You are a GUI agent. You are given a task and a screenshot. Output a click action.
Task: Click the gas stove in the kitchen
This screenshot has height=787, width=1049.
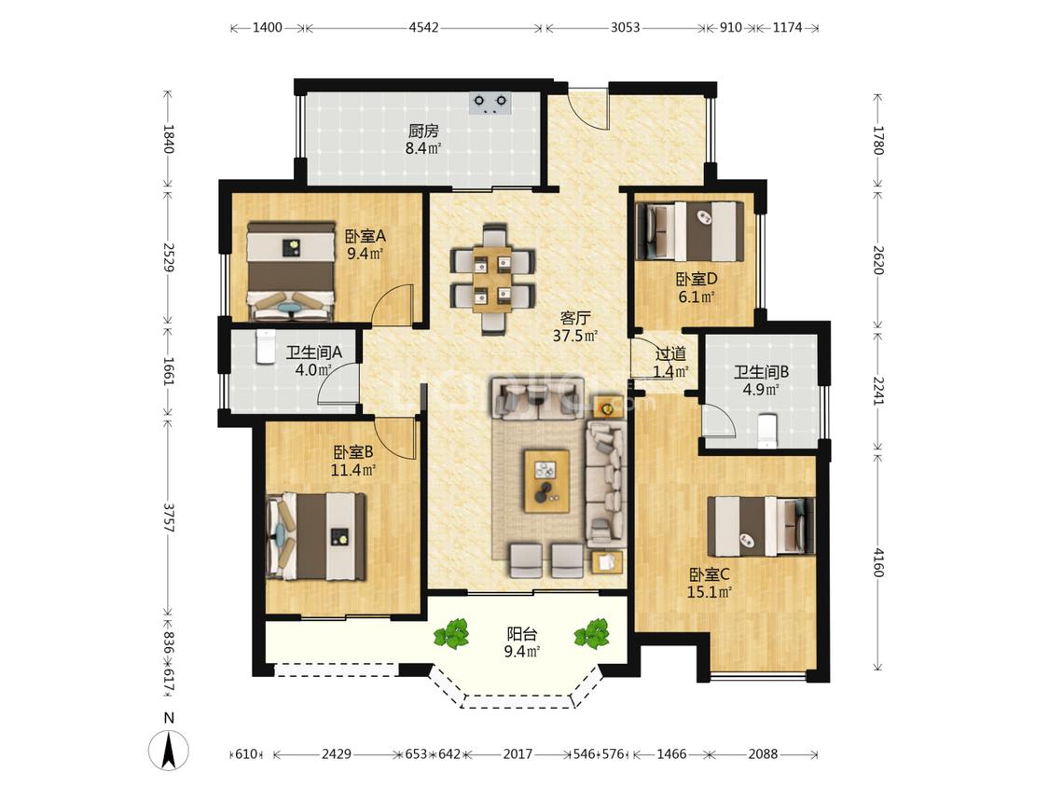click(490, 104)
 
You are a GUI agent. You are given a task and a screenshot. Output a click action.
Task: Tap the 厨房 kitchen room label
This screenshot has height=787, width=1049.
click(423, 131)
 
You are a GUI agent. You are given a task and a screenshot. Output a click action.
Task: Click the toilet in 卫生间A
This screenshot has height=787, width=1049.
click(265, 346)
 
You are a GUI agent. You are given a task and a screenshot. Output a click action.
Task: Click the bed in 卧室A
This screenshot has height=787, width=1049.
click(290, 271)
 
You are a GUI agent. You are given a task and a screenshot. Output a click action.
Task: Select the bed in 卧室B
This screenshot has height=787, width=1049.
click(316, 537)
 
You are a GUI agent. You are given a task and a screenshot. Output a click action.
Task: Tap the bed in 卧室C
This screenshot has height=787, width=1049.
click(761, 527)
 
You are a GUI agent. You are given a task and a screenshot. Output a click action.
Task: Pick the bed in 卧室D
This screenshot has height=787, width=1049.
click(690, 231)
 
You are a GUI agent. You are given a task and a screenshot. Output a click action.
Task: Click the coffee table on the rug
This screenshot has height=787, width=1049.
click(547, 481)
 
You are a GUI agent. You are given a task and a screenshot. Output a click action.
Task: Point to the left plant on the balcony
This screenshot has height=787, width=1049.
click(451, 633)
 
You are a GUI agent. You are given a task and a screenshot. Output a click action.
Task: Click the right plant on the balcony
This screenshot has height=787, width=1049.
click(591, 633)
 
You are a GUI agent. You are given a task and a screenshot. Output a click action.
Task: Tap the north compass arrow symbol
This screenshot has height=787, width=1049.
click(170, 750)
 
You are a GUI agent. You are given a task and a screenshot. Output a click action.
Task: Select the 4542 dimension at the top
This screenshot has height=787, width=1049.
click(423, 27)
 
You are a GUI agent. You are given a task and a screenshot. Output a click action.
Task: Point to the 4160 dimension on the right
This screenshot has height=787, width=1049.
click(878, 563)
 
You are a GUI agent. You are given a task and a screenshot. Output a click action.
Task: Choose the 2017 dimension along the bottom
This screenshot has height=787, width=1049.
click(518, 754)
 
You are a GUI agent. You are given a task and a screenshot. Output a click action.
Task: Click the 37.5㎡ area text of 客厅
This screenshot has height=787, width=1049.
click(574, 336)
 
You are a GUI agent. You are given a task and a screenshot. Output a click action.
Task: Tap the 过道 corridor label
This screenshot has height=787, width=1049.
click(670, 354)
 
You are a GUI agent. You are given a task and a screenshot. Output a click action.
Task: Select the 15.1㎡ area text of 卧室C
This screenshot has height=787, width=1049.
click(710, 591)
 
